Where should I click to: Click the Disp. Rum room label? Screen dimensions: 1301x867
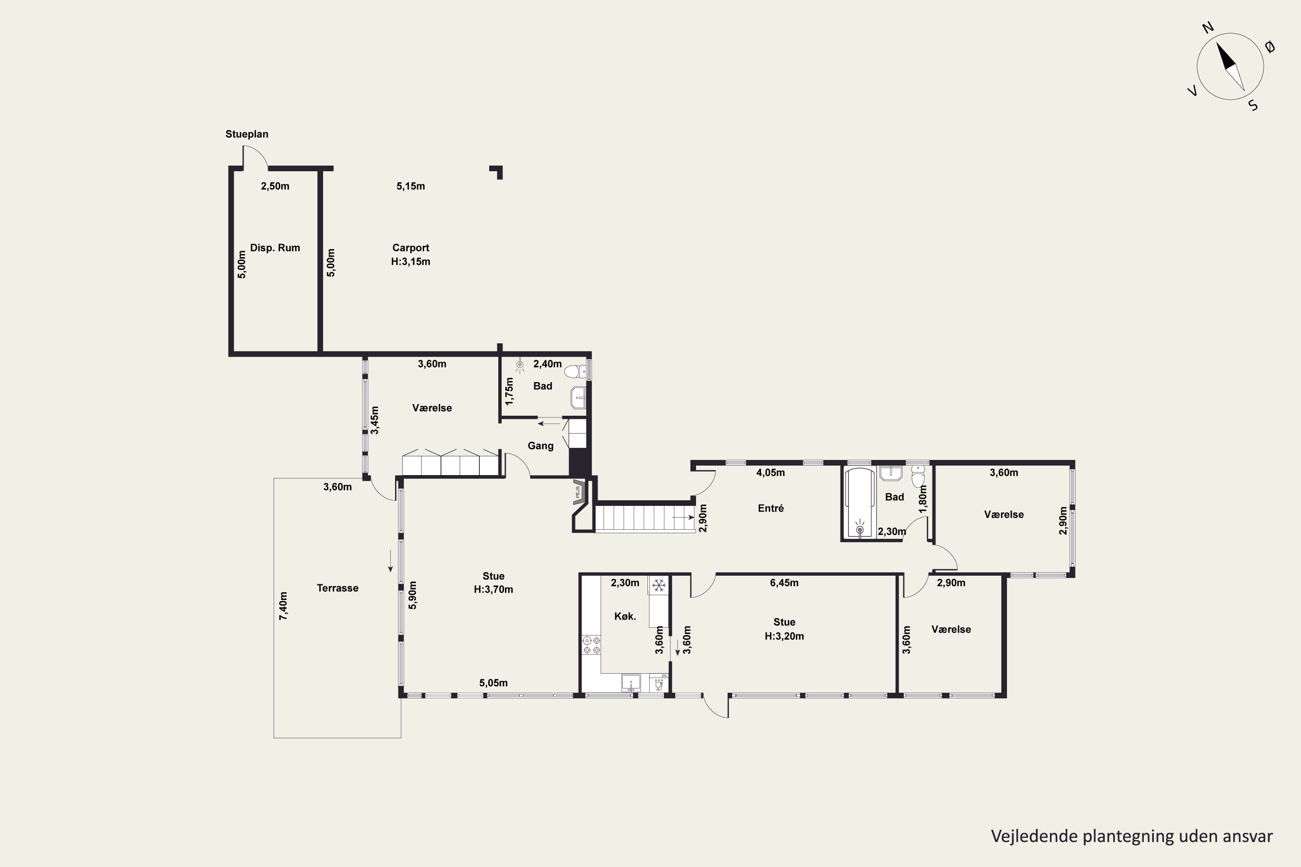pos(275,248)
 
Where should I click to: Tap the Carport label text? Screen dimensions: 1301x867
pos(410,248)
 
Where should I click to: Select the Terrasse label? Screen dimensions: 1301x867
pos(337,588)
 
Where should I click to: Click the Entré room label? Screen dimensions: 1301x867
pos(771,508)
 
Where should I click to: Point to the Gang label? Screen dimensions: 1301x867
pos(540,446)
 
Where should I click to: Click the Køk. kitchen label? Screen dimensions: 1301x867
pos(625,616)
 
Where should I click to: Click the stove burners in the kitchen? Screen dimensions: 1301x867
pos(591,645)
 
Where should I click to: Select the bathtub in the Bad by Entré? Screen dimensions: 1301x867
pos(860,502)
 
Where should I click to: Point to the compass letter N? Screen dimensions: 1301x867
pos(1208,43)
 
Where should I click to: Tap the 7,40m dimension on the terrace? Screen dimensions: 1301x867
pos(283,606)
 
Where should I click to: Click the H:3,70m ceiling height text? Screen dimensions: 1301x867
pos(494,590)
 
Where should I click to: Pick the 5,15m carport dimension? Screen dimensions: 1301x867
pos(410,186)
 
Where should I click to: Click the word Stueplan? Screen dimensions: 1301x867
pos(247,134)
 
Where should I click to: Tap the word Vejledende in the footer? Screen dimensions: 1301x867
pos(1034,836)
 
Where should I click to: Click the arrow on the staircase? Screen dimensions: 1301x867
pos(683,518)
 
